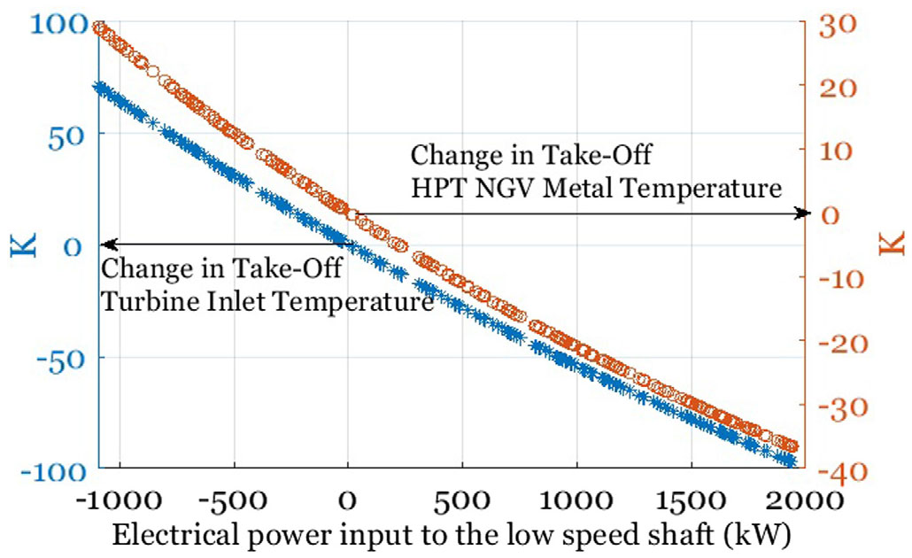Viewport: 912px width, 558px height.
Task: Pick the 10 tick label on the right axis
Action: (x=836, y=150)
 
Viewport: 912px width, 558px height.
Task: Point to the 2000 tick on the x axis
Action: (x=804, y=500)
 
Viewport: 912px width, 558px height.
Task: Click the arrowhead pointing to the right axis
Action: (x=803, y=213)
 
